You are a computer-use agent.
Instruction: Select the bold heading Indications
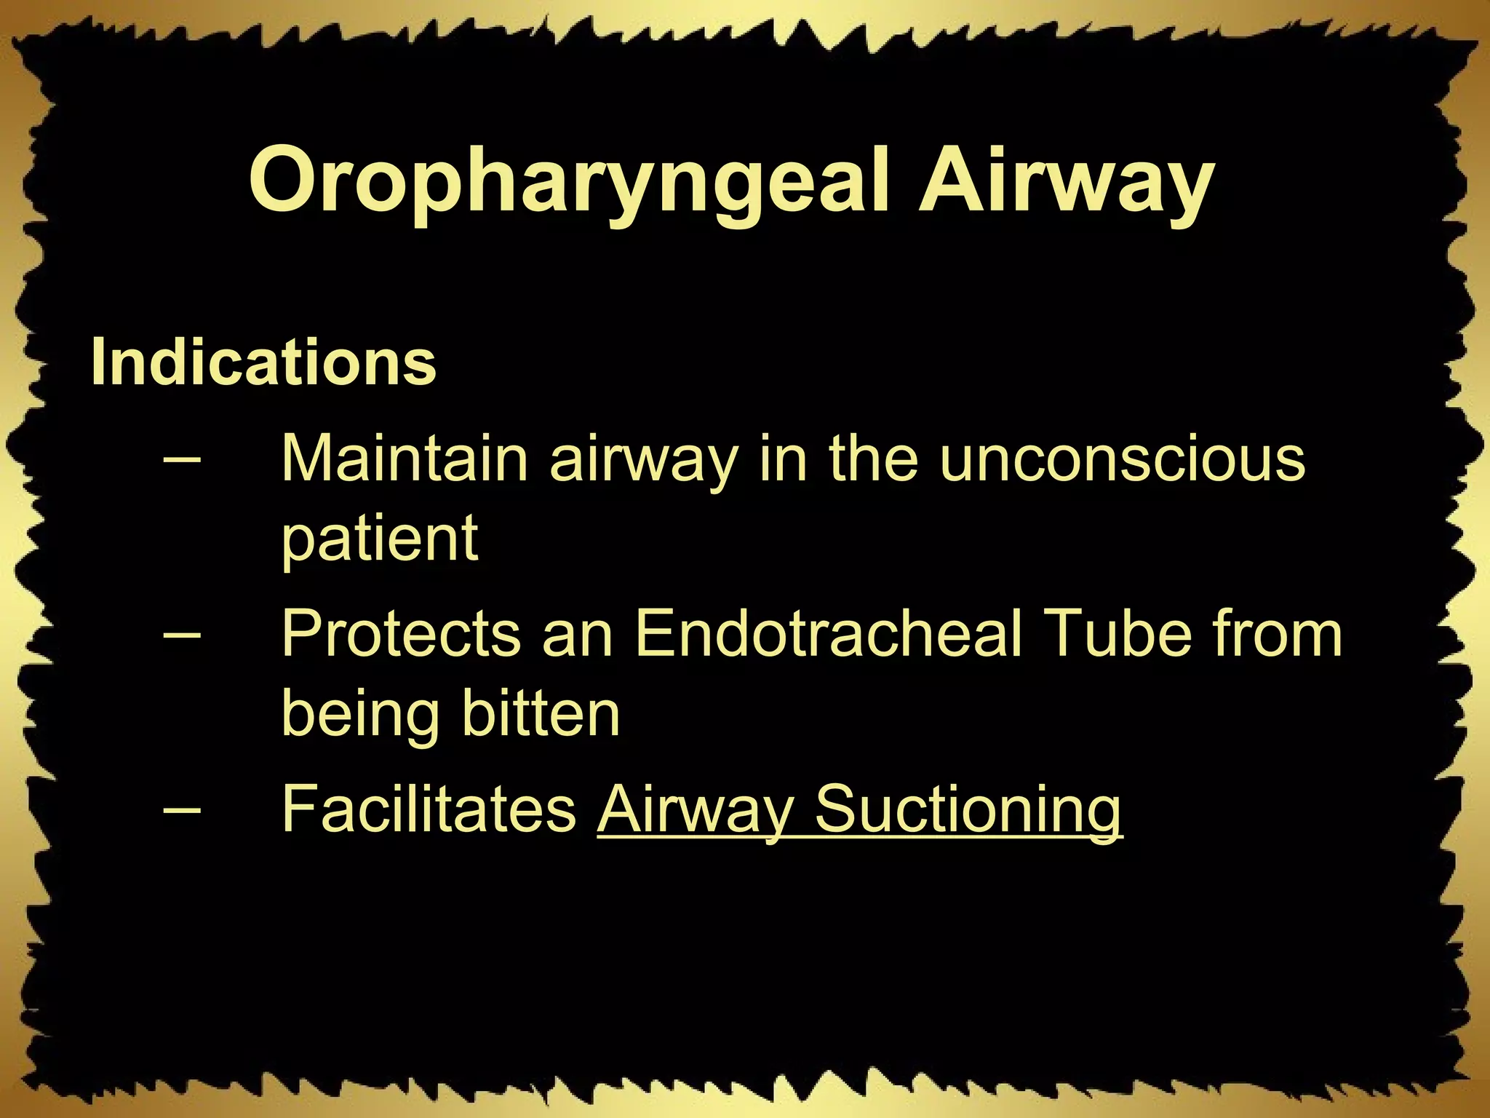[x=263, y=362]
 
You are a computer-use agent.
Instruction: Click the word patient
[x=379, y=540]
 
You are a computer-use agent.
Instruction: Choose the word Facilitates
[x=429, y=809]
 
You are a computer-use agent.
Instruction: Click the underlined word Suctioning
[x=968, y=809]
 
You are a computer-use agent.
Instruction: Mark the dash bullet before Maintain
[x=183, y=460]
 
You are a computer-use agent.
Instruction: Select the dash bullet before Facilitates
[x=183, y=809]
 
